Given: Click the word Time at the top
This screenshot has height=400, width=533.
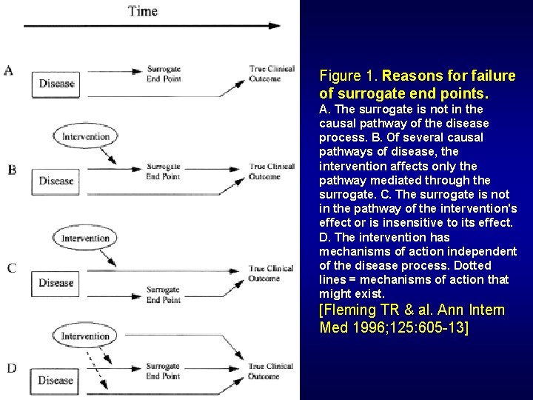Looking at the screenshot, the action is click(x=143, y=10).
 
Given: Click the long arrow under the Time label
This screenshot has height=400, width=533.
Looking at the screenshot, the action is click(x=152, y=26).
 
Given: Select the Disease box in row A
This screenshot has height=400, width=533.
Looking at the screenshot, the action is click(x=57, y=84).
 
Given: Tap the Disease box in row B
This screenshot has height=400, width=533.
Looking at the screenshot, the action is click(x=57, y=181).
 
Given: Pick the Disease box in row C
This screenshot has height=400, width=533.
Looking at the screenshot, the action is click(x=57, y=282).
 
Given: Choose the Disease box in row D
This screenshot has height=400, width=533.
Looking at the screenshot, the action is click(x=57, y=381).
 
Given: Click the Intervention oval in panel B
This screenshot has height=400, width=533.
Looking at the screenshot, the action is click(x=86, y=137).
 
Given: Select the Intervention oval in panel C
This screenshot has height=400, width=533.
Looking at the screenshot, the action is click(x=86, y=239).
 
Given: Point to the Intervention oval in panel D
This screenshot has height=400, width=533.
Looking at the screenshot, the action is click(x=86, y=336).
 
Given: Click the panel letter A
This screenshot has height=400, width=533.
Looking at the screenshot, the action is click(x=9, y=71).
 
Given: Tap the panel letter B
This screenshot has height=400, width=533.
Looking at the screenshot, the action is click(x=11, y=170).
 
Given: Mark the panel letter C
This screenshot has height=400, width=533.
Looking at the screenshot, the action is click(x=11, y=268).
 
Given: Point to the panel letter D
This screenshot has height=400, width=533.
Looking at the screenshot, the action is click(x=11, y=367).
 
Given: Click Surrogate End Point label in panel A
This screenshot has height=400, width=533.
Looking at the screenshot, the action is click(x=164, y=74).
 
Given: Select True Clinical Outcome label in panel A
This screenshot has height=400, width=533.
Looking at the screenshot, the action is click(x=271, y=74).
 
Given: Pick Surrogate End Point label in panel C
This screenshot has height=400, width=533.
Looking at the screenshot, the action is click(x=164, y=295).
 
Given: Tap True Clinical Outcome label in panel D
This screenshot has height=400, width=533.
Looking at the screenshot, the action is click(x=271, y=371).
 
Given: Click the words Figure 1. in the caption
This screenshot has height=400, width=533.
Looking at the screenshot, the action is click(x=349, y=76).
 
